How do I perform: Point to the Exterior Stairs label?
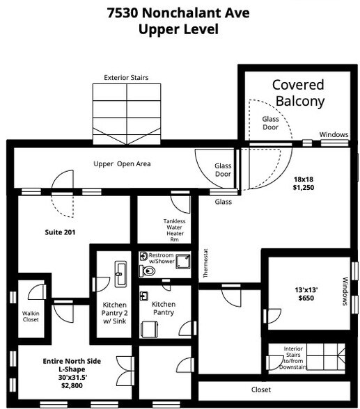pyautogui.click(x=126, y=77)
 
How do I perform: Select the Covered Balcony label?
pyautogui.click(x=298, y=93)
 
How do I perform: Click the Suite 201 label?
pyautogui.click(x=60, y=232)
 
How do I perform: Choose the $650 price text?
pyautogui.click(x=306, y=297)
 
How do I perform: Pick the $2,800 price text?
pyautogui.click(x=72, y=385)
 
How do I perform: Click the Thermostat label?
pyautogui.click(x=205, y=264)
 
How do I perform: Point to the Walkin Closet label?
pyautogui.click(x=31, y=316)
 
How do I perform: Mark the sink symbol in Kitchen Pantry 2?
pyautogui.click(x=119, y=271)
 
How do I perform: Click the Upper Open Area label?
pyautogui.click(x=123, y=164)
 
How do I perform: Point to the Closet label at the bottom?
pyautogui.click(x=261, y=390)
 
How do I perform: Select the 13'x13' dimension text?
pyautogui.click(x=306, y=287)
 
